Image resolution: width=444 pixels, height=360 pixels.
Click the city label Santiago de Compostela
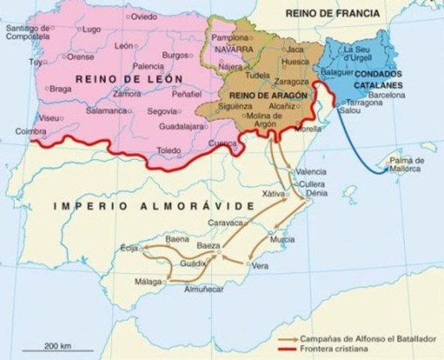(x=27, y=33)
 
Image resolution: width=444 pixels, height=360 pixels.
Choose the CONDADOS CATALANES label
(x=372, y=79)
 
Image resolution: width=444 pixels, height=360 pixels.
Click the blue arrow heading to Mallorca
(x=360, y=150)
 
